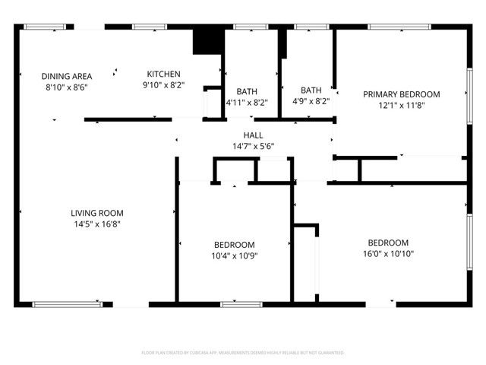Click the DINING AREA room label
67,76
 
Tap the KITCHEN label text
163,74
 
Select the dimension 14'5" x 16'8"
97,224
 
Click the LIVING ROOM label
97,214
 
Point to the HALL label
253,135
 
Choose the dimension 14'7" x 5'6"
253,146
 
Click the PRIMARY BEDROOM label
401,94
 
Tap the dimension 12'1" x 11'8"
401,105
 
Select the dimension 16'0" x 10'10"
387,254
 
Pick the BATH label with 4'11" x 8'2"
247,91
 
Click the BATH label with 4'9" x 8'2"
311,90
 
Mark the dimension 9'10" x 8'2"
163,85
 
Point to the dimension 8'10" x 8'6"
67,87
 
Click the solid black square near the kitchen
206,41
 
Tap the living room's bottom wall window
67,304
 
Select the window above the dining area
44,27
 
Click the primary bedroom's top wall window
399,27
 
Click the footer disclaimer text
243,353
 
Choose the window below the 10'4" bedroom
236,304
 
